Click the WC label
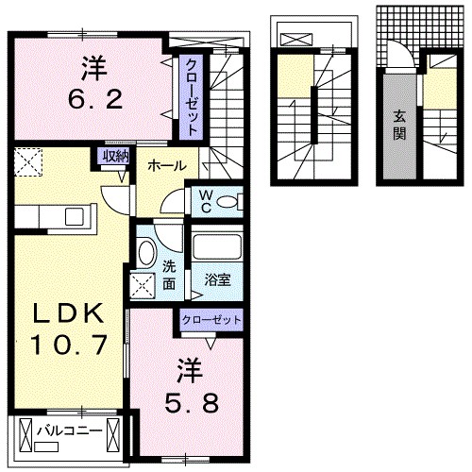point(204,200)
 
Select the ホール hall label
point(166,166)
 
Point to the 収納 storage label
point(115,156)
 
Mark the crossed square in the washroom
point(144,285)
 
